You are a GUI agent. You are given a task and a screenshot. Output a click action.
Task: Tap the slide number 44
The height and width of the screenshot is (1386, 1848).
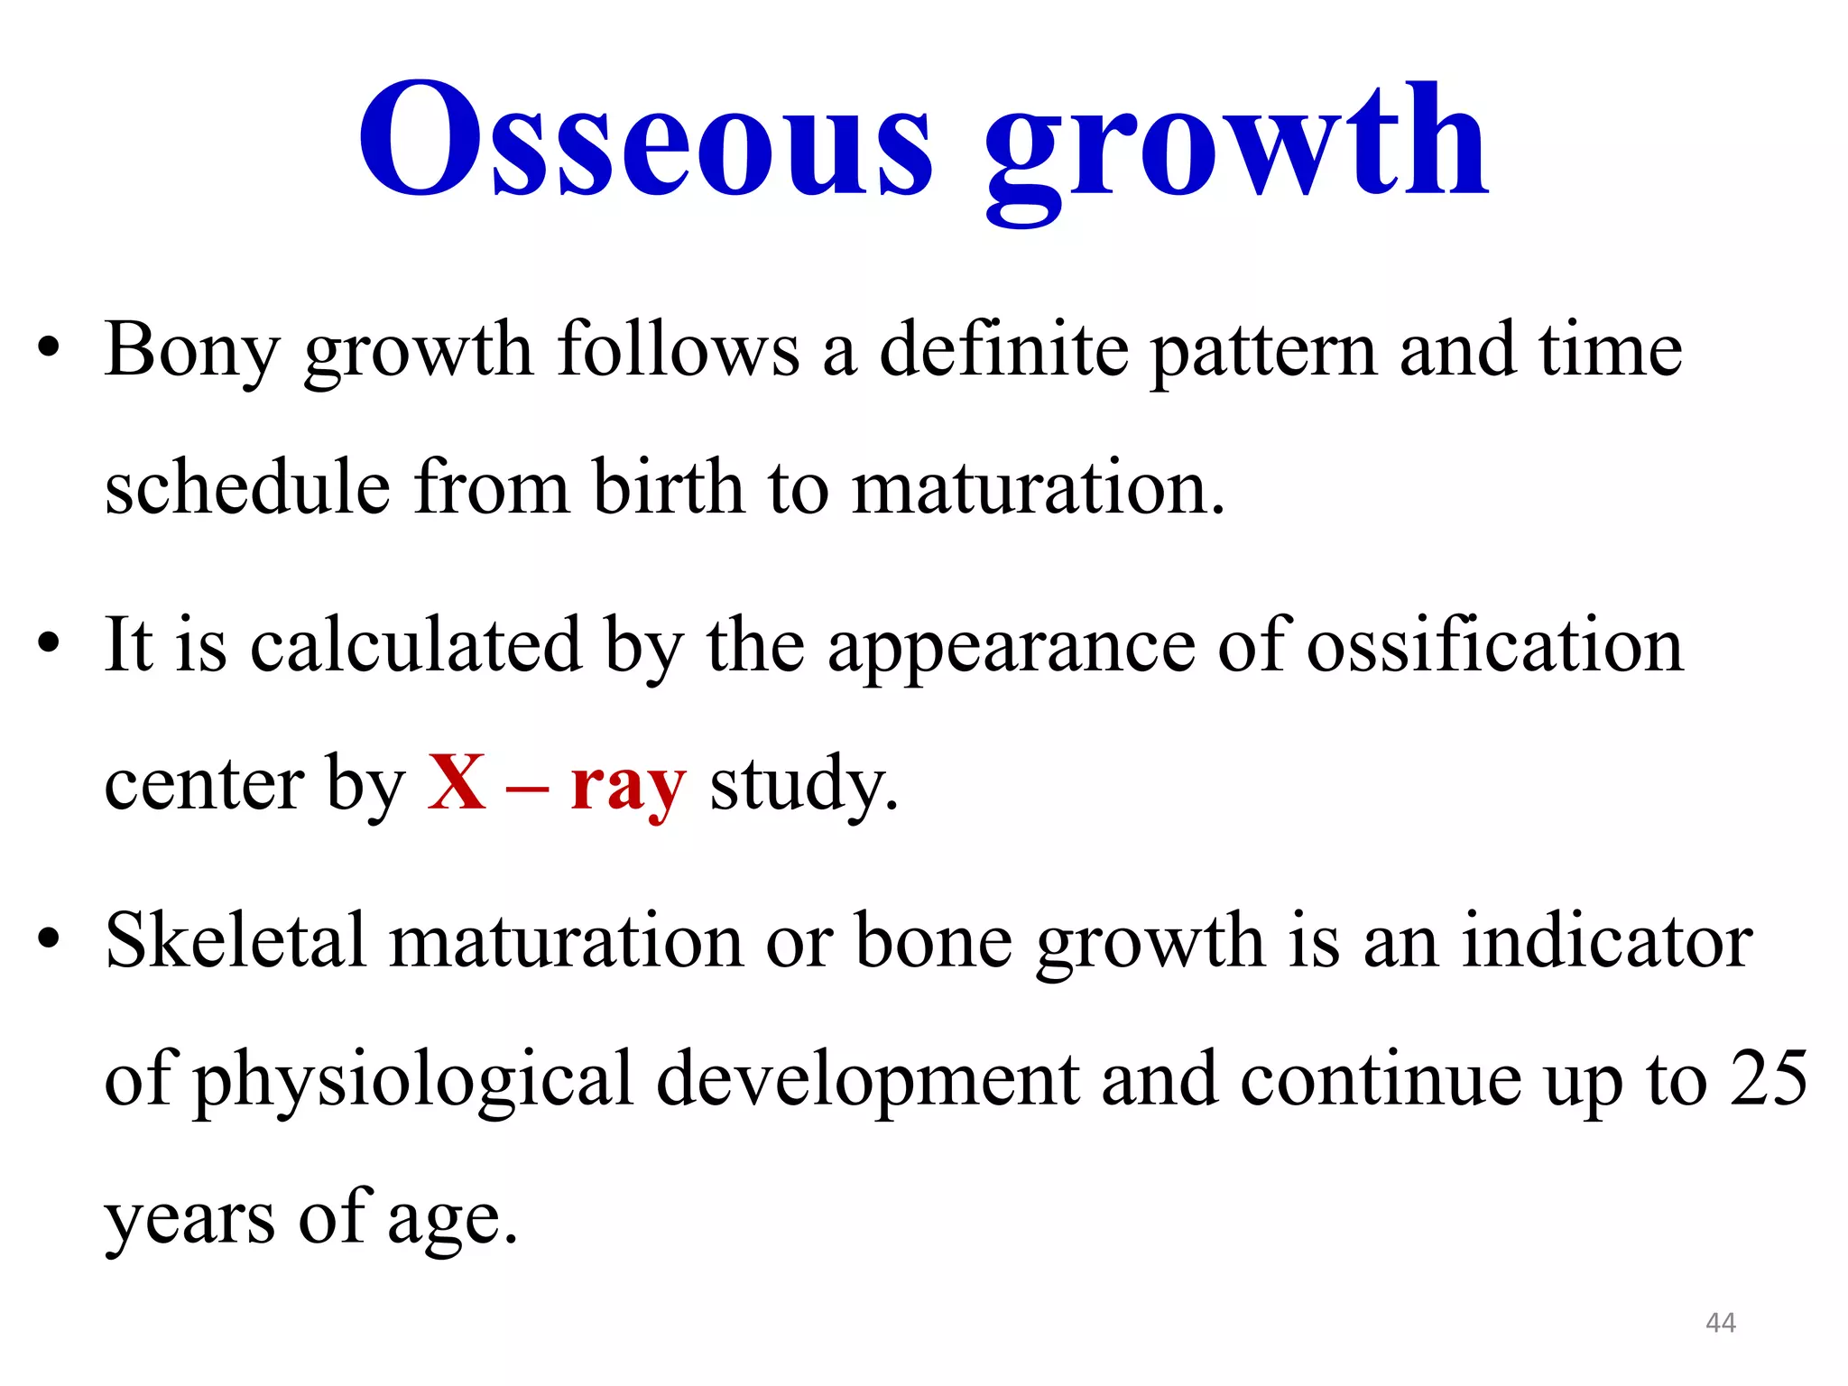tap(1721, 1323)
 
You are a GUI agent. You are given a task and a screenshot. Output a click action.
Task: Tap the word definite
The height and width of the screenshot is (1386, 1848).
tap(1003, 350)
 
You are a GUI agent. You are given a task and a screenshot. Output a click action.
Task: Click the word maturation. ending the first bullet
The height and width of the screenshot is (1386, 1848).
tap(1038, 489)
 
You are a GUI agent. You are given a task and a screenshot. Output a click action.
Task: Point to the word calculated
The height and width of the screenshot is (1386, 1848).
tap(415, 645)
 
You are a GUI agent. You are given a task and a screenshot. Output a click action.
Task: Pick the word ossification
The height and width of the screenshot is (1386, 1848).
tap(1494, 645)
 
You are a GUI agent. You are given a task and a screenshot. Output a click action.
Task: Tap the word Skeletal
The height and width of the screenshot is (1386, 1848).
tap(236, 941)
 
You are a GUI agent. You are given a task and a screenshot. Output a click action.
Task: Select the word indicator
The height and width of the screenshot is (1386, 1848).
tap(1606, 941)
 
